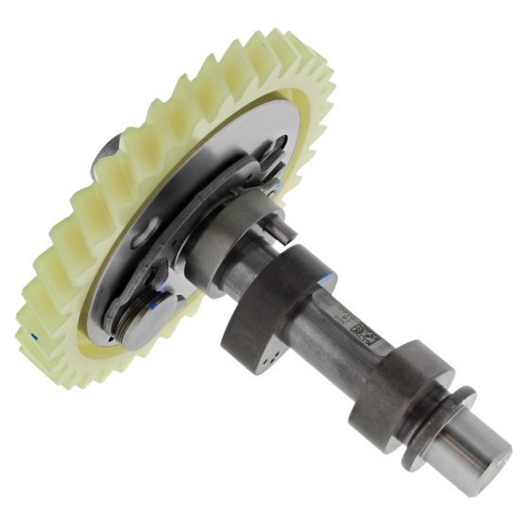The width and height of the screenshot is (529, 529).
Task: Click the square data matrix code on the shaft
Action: coord(367,335)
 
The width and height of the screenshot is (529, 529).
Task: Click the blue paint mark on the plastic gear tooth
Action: coord(35,335)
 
